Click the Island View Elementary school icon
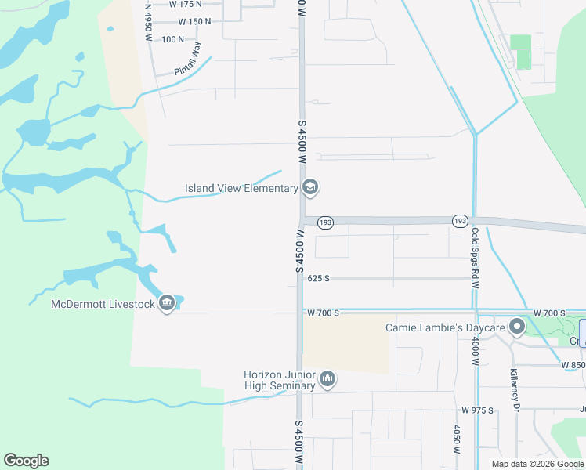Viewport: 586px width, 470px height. coord(310,187)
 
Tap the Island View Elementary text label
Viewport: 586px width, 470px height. coord(241,188)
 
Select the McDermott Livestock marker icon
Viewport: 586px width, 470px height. coord(166,303)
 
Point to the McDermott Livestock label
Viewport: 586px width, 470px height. coord(103,304)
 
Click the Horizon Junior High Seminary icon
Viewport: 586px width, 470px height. coord(327,380)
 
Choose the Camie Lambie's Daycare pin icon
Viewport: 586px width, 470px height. coord(516,327)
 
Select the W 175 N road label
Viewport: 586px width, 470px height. coord(185,4)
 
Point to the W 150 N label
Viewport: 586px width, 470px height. coord(194,22)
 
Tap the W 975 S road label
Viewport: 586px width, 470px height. coord(477,410)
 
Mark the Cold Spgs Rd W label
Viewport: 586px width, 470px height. coord(475,258)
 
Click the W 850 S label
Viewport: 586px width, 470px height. coord(573,365)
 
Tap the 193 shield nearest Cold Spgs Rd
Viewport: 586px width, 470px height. coord(460,222)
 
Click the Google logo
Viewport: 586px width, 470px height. coord(26,461)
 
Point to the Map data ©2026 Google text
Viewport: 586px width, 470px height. coord(538,464)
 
